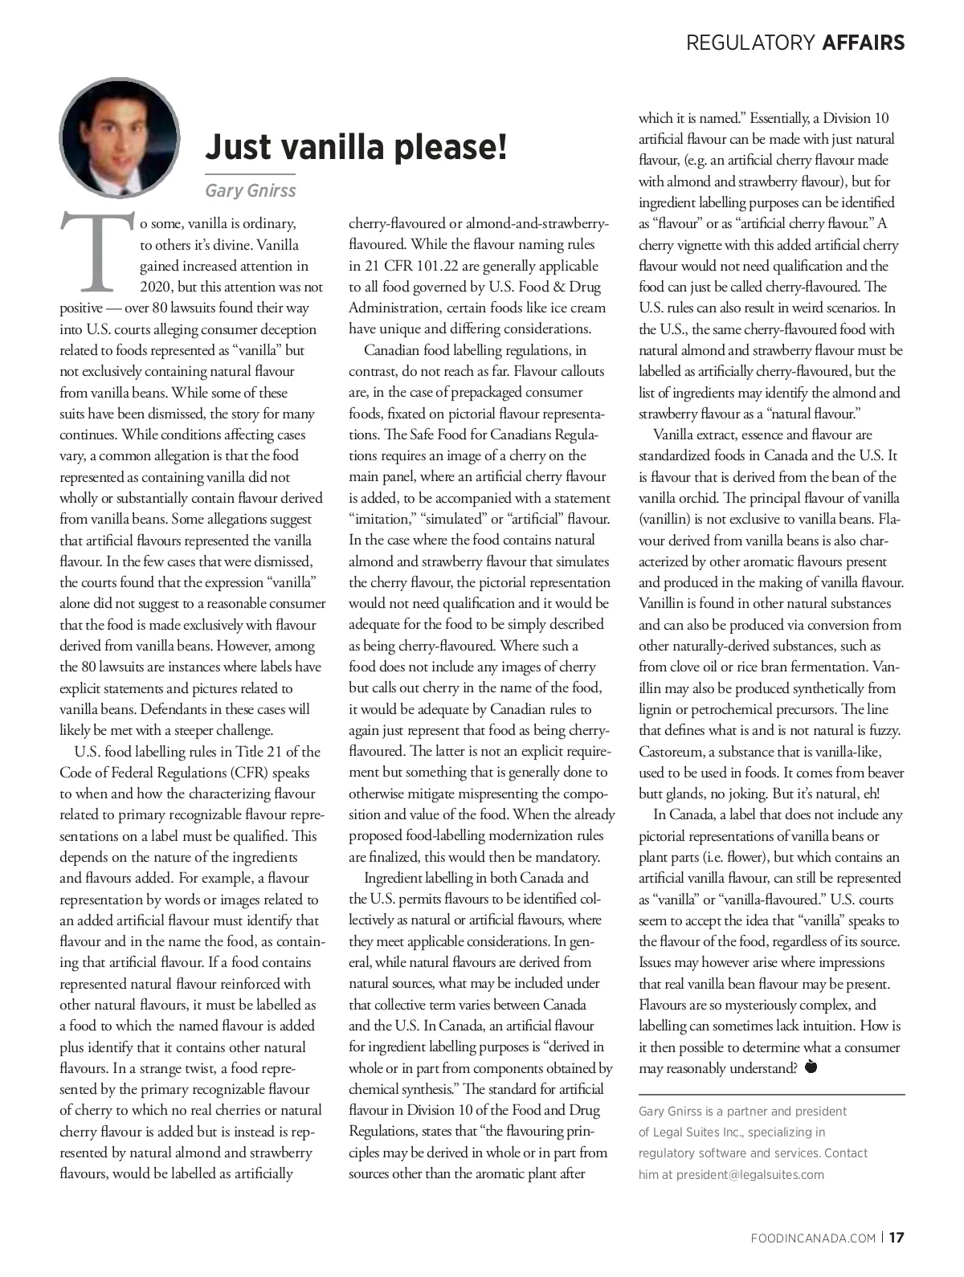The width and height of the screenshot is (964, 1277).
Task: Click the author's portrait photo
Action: click(x=118, y=137)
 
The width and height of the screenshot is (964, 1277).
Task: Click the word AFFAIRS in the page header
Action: click(x=864, y=43)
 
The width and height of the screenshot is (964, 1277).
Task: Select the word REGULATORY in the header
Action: click(x=750, y=43)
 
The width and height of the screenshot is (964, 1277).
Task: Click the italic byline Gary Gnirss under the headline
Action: click(x=251, y=191)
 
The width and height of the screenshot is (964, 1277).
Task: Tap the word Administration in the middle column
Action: click(x=394, y=308)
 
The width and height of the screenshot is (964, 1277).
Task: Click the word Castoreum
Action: click(x=672, y=753)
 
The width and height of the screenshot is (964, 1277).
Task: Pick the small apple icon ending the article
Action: click(x=810, y=1067)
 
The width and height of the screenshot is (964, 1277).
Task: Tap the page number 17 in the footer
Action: click(x=897, y=1238)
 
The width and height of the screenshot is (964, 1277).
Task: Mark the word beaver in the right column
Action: click(x=884, y=773)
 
